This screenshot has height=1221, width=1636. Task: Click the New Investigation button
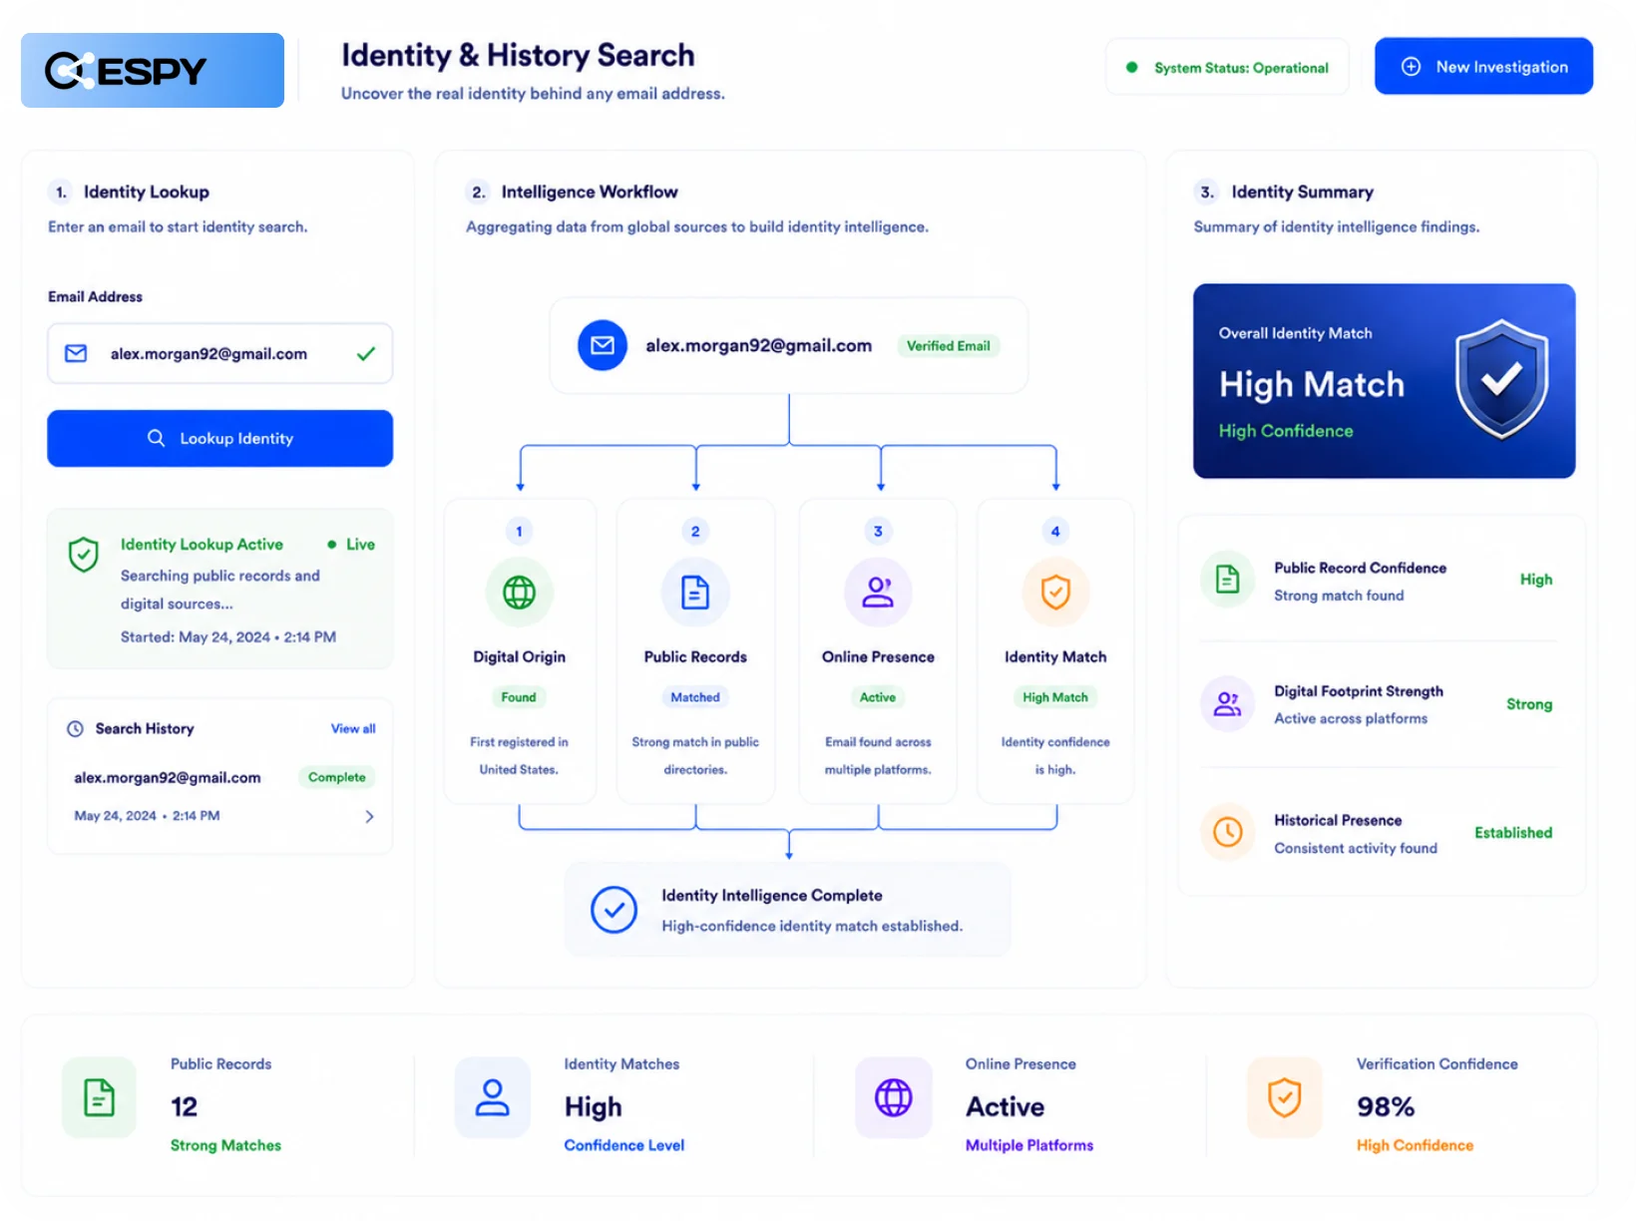click(1482, 66)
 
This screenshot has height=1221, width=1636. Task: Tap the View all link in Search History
click(352, 728)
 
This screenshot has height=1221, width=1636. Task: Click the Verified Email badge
click(948, 346)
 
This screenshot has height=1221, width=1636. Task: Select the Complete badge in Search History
click(337, 777)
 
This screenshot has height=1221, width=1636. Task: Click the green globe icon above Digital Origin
click(519, 593)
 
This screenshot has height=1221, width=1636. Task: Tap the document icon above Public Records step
click(694, 593)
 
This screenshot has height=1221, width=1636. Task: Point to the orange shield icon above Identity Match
click(1055, 593)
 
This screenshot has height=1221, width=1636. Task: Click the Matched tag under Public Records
click(694, 697)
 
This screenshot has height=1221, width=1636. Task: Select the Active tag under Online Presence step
click(877, 697)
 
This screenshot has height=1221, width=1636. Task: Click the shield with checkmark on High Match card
click(1501, 379)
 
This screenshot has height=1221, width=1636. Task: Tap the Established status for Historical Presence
click(1513, 832)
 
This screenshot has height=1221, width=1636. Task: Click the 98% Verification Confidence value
click(1385, 1106)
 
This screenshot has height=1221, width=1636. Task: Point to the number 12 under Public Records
click(185, 1106)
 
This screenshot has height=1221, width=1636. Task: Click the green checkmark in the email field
click(365, 354)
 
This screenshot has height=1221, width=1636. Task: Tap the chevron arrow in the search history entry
click(369, 816)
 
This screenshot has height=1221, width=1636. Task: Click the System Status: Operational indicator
click(1227, 67)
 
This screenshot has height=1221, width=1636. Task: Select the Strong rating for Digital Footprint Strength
click(1528, 704)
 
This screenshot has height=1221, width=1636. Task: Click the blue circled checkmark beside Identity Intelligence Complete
click(613, 910)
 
